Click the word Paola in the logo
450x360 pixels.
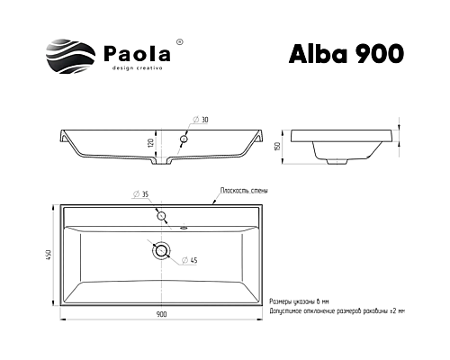[x=132, y=52]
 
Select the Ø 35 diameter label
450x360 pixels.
[x=139, y=194]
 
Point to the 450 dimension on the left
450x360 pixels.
[x=50, y=256]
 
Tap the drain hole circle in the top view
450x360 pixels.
[x=161, y=251]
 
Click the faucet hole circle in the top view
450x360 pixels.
[x=161, y=215]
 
